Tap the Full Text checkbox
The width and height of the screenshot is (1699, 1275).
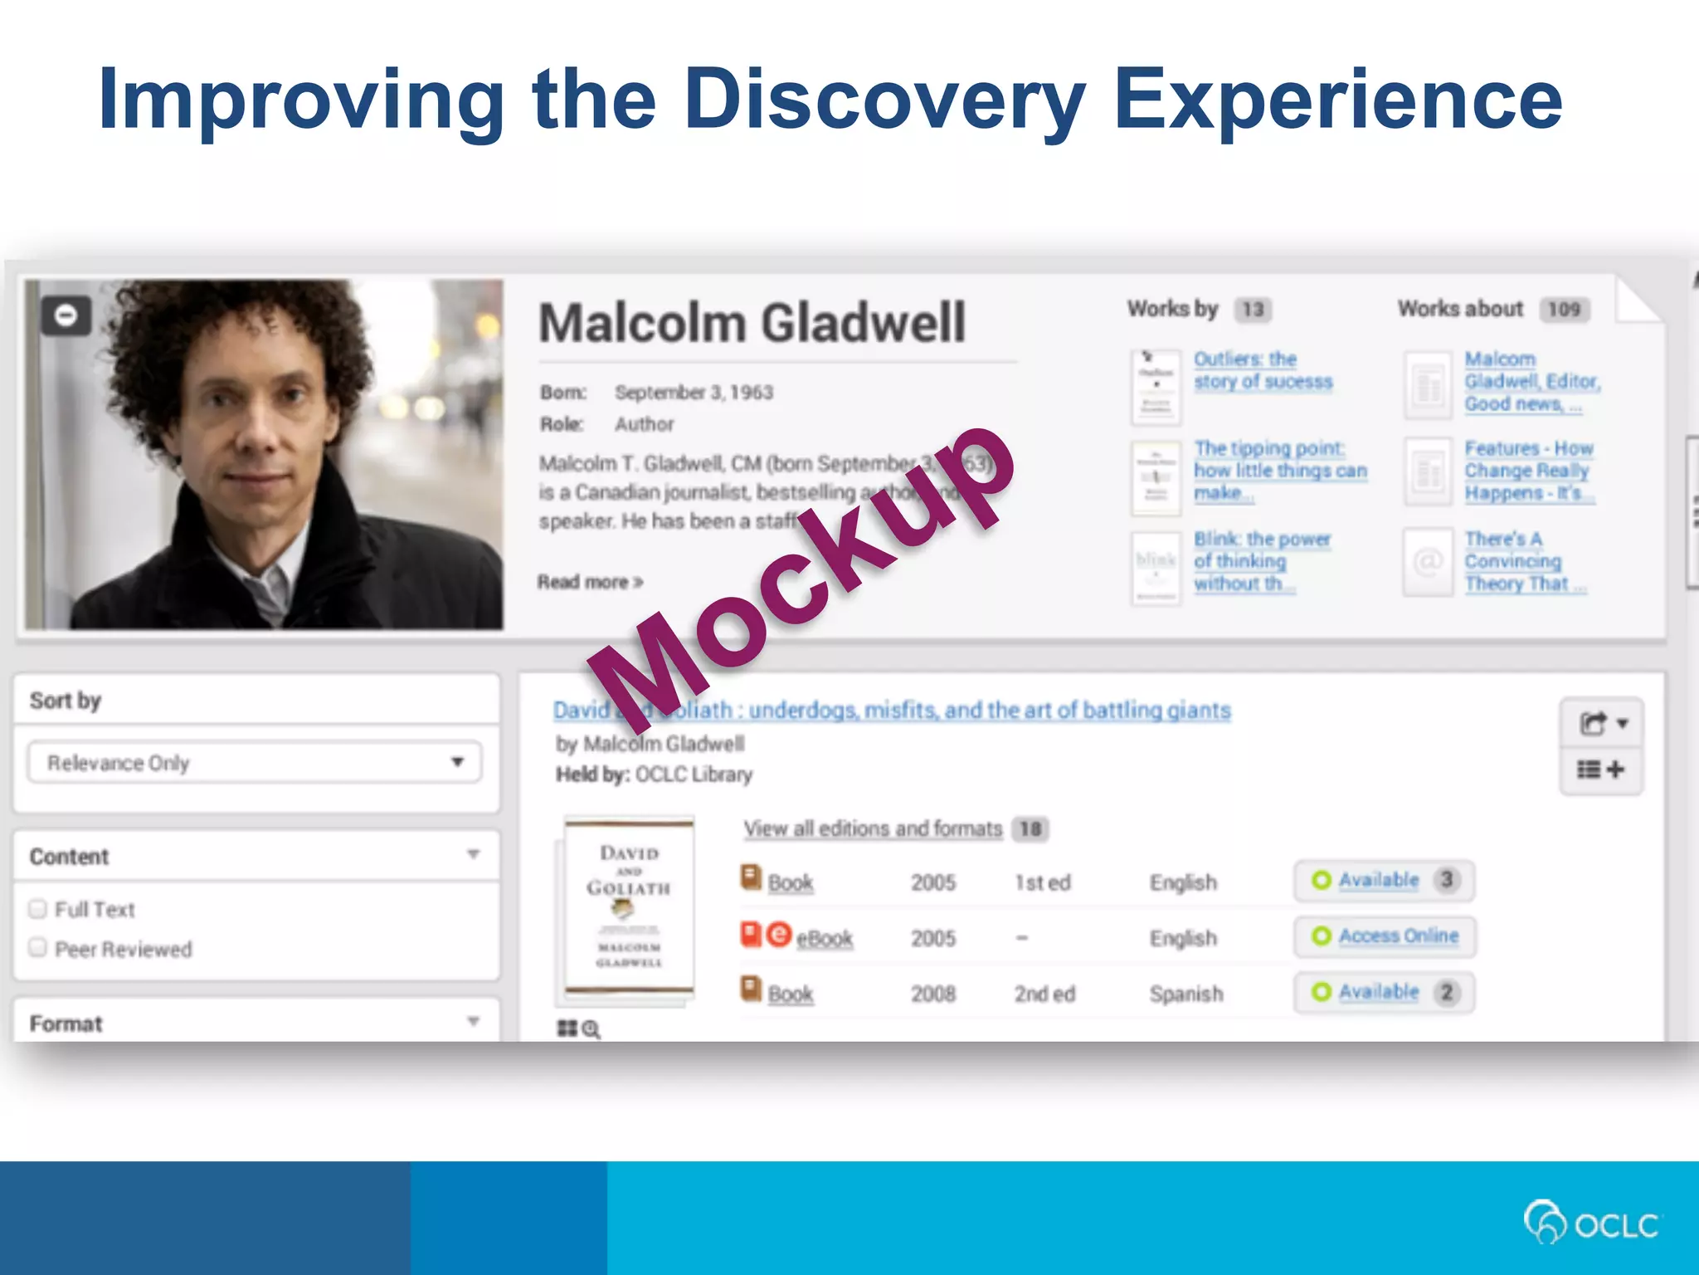point(37,909)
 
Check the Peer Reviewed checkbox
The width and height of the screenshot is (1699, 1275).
point(37,948)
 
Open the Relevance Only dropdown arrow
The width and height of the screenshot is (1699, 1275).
point(457,762)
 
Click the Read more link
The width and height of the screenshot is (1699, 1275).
point(590,582)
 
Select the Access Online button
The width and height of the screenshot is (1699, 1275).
point(1385,936)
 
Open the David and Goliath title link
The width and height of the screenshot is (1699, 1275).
point(892,711)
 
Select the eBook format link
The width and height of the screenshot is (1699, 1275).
point(824,938)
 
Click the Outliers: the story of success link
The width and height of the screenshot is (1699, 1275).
point(1263,370)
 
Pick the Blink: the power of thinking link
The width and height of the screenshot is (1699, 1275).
point(1261,561)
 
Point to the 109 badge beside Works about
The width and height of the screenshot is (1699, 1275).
point(1564,310)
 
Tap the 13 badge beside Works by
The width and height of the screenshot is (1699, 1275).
point(1253,310)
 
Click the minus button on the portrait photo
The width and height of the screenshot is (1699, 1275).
point(66,315)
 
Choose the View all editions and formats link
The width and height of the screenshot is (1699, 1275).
point(873,828)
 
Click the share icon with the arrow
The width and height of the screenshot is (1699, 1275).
point(1601,724)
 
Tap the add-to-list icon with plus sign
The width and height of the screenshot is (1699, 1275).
point(1601,770)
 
